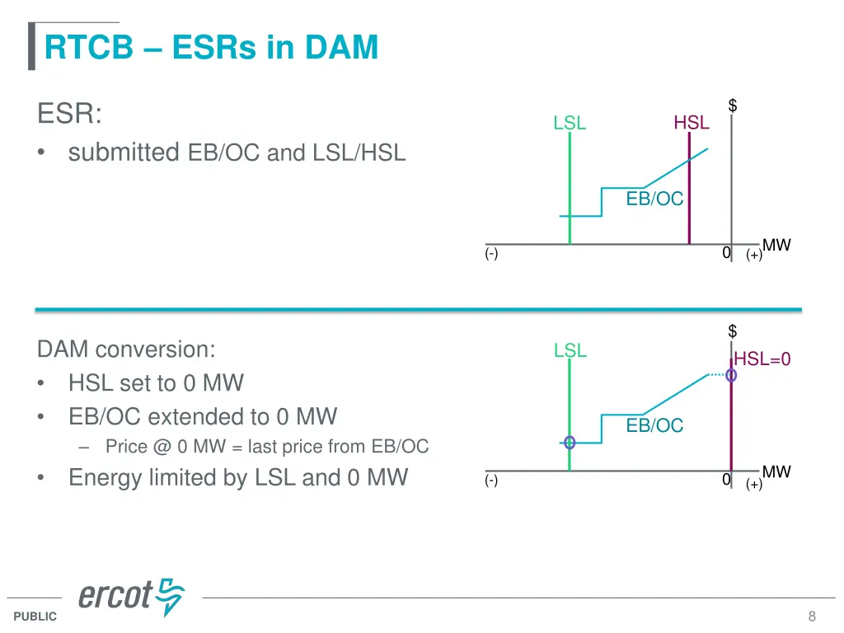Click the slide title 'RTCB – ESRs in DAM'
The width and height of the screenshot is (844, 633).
click(x=211, y=47)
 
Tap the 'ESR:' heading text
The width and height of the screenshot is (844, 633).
click(x=70, y=114)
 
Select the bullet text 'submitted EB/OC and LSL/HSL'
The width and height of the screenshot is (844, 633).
click(x=237, y=152)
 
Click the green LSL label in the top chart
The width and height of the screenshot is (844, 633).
click(x=570, y=124)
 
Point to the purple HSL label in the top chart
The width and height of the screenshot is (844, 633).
click(x=691, y=123)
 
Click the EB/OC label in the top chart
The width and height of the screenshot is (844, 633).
click(x=654, y=199)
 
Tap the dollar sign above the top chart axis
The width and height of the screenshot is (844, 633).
click(x=732, y=105)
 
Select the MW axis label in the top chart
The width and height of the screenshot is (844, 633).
click(x=776, y=245)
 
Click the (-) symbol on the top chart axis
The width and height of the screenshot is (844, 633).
click(x=491, y=254)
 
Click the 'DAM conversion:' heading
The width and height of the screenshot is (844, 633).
click(x=126, y=349)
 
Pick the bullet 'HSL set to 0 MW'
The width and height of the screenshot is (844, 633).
click(x=156, y=383)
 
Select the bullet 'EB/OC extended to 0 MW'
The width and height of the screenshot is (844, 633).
click(x=203, y=416)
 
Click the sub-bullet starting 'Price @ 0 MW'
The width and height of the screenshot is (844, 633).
click(x=267, y=447)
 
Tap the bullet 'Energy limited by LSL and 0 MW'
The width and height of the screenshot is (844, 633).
click(x=237, y=477)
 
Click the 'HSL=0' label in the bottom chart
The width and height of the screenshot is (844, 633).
click(x=762, y=359)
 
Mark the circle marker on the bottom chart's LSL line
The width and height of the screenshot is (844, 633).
click(x=569, y=443)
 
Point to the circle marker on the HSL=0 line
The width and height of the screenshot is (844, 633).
click(x=731, y=375)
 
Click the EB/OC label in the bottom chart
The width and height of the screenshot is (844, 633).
click(x=654, y=425)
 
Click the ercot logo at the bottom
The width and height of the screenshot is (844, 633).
click(x=132, y=596)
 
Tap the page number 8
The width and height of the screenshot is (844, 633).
click(x=812, y=617)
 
